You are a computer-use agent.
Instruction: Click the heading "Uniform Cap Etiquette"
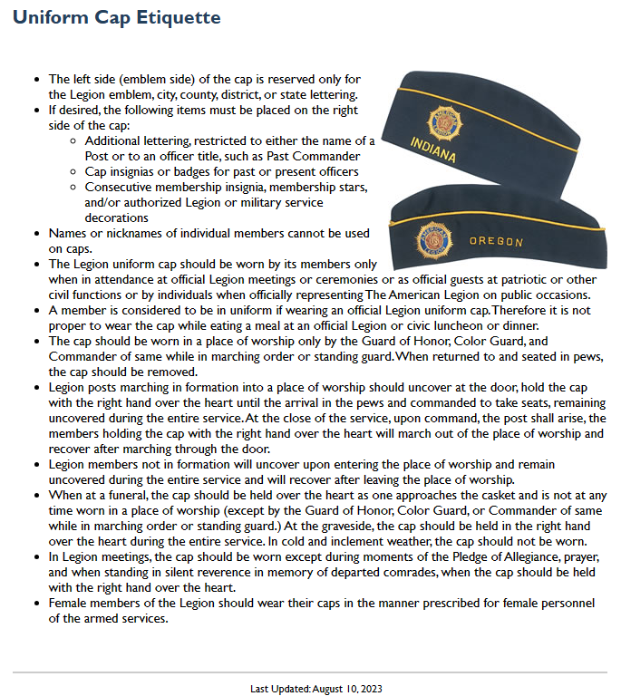(116, 17)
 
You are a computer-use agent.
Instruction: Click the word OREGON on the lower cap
(496, 242)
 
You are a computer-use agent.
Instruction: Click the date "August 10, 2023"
(347, 689)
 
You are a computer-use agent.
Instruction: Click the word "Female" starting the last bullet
(67, 603)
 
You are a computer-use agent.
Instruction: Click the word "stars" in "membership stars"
(350, 187)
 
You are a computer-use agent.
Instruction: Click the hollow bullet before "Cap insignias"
(73, 172)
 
